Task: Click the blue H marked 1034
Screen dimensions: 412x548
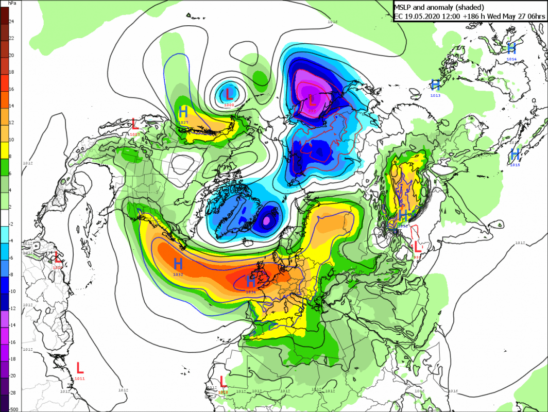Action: pos(251,281)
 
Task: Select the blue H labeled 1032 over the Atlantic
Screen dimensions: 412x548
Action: pos(178,264)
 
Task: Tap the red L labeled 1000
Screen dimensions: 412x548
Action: pos(229,94)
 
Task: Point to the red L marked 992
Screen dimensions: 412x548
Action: pos(417,247)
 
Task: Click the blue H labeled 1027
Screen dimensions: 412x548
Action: pos(183,112)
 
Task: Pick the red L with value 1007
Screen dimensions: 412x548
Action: pos(135,124)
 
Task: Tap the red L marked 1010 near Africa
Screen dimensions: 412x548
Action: pos(222,382)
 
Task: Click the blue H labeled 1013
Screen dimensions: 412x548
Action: pos(435,84)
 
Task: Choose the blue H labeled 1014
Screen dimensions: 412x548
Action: pos(511,48)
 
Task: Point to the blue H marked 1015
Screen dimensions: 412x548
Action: pos(515,153)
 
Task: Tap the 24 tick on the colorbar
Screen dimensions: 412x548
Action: pos(11,21)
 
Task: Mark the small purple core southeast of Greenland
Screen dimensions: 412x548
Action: pos(267,220)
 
